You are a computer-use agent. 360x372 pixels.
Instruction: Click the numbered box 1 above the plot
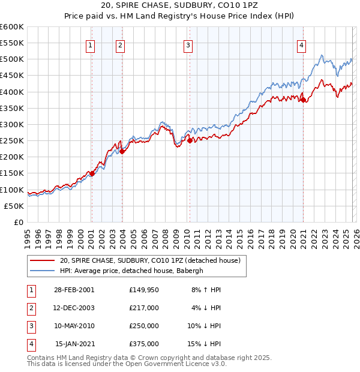(x=90, y=45)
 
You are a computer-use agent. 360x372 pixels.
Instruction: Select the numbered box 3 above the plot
(x=188, y=45)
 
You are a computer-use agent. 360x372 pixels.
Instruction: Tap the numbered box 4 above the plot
(x=301, y=45)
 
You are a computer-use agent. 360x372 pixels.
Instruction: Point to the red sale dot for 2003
(x=122, y=151)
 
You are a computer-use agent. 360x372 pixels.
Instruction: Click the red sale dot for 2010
(x=190, y=140)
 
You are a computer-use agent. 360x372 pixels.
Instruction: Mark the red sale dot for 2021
(x=303, y=100)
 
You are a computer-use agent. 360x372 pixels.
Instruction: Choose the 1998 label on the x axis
(x=59, y=235)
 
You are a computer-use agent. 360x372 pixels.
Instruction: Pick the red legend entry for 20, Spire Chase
(x=150, y=260)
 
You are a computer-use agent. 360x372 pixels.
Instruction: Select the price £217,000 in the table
(x=144, y=307)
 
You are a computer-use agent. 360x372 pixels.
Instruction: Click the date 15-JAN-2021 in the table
(x=74, y=344)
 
